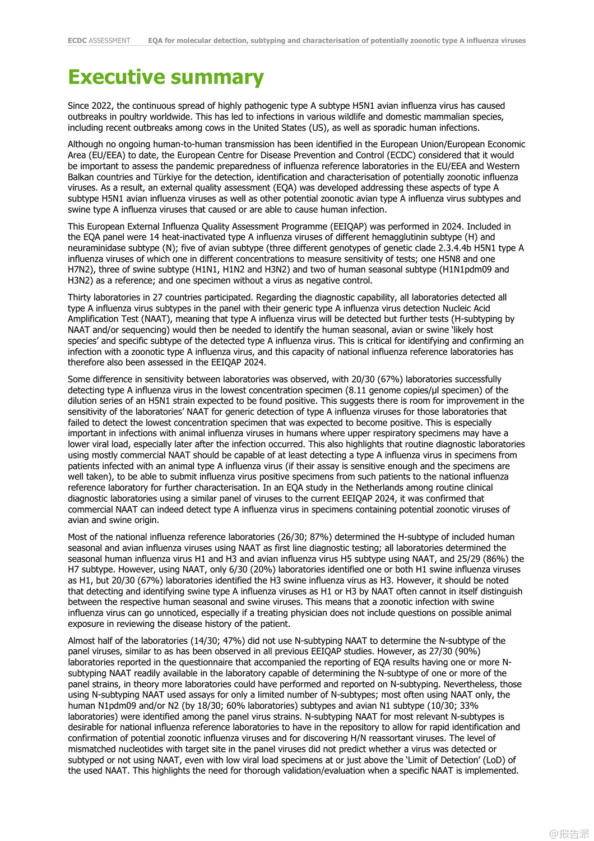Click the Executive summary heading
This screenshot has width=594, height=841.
point(166,77)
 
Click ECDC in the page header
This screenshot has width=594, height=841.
point(77,40)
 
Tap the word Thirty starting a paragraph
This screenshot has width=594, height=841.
point(81,298)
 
